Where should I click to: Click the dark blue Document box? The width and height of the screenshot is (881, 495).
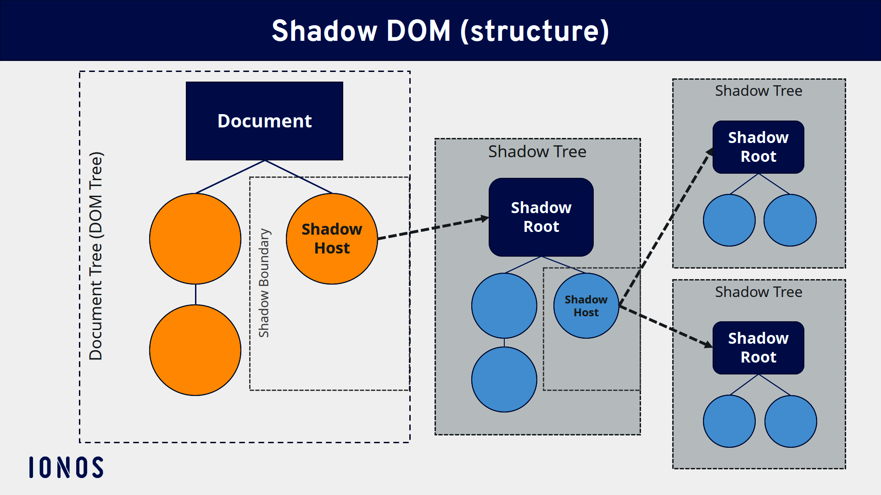tap(264, 121)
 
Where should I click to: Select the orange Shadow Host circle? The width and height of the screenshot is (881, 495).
tap(331, 238)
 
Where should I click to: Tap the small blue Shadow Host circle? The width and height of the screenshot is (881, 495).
tap(586, 306)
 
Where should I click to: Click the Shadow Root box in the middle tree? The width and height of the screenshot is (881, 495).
tap(541, 217)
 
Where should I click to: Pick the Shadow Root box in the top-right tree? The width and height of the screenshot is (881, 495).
tap(758, 147)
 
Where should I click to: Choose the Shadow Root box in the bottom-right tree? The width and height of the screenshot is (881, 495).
tap(758, 348)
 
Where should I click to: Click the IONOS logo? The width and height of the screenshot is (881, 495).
tap(67, 467)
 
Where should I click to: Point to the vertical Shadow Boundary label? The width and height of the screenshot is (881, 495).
tap(264, 283)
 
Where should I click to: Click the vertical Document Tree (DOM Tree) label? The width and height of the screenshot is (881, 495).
tap(96, 256)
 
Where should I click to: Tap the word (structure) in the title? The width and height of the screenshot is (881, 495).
tap(535, 31)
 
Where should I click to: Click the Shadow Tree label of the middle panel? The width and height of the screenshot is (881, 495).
tap(537, 152)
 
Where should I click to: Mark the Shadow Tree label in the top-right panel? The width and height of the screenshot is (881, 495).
tap(758, 91)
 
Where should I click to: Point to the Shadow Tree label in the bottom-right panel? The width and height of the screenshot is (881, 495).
tap(758, 292)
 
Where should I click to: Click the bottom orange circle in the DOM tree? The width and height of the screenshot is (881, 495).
tap(195, 350)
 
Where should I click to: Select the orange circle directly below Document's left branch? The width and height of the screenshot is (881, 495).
tap(195, 239)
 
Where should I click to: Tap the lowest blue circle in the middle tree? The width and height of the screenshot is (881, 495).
tap(504, 379)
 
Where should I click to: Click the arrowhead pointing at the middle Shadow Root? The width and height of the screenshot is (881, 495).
tap(485, 219)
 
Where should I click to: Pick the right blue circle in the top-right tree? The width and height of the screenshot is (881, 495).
tap(790, 220)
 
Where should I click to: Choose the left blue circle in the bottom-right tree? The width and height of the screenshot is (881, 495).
tap(729, 421)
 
